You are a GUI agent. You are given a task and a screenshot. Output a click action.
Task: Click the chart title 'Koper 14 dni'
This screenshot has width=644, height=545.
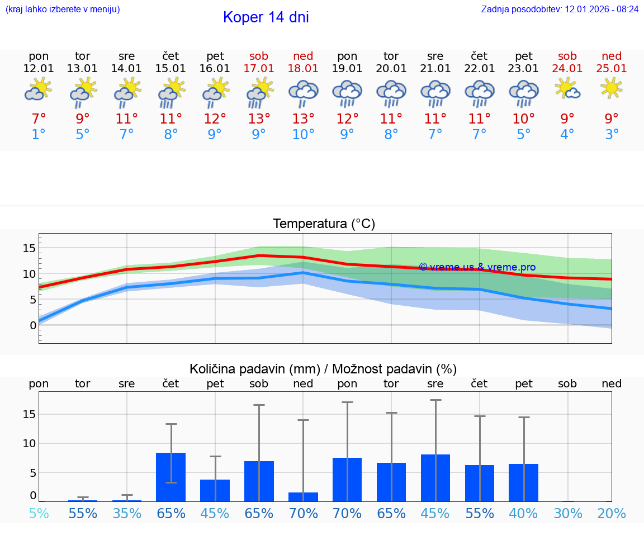[266, 17]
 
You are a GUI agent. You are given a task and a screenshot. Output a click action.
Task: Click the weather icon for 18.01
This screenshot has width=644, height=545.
[303, 93]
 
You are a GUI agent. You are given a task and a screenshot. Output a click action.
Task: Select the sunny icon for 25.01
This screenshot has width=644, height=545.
[611, 88]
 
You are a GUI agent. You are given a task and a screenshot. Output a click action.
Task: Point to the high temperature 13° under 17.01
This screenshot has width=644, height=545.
[259, 119]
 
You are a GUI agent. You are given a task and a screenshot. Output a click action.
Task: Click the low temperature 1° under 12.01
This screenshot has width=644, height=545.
[39, 134]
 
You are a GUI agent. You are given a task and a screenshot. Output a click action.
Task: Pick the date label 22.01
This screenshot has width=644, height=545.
[479, 68]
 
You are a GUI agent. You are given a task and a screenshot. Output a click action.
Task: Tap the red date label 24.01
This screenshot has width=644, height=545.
[567, 68]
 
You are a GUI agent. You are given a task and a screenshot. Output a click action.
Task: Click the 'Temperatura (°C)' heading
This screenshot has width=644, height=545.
[324, 224]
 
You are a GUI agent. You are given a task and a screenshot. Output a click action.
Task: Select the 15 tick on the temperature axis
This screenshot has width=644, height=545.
[29, 248]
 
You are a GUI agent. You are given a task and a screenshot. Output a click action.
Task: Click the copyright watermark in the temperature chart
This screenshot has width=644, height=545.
[477, 267]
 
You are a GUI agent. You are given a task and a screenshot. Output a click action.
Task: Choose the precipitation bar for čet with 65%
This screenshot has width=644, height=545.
[171, 477]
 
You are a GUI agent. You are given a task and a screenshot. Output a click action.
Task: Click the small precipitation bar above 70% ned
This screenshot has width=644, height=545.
[303, 497]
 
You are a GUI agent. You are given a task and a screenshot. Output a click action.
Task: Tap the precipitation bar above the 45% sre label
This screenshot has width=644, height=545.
[435, 478]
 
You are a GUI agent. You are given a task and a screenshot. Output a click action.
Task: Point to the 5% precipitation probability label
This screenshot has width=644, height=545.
[39, 513]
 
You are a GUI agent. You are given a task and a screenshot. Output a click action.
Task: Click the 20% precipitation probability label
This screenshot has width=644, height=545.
[611, 513]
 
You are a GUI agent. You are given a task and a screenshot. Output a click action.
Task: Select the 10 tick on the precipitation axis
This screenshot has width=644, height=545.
[29, 443]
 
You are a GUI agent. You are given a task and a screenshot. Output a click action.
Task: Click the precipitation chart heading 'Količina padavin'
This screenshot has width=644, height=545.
[323, 369]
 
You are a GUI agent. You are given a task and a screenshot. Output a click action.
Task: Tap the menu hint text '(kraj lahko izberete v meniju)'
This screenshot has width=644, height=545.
[63, 9]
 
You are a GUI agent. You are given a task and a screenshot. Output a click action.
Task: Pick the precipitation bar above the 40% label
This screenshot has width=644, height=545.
[524, 482]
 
